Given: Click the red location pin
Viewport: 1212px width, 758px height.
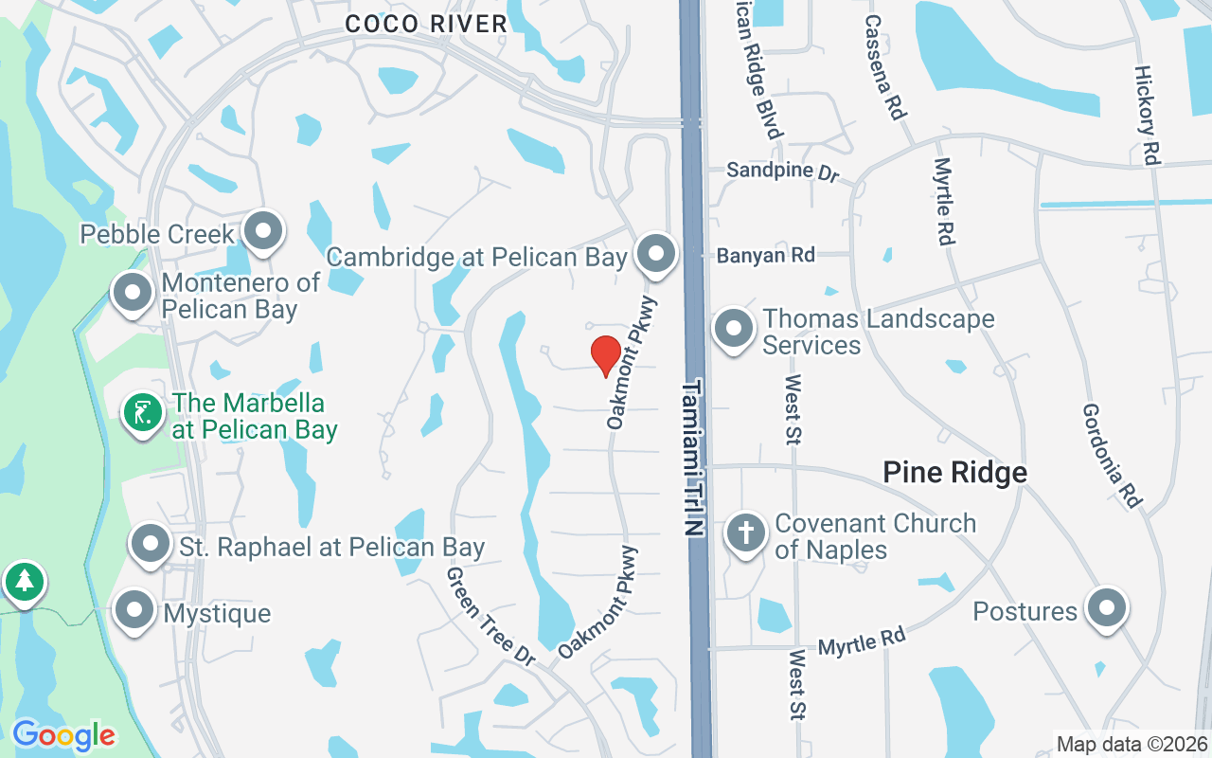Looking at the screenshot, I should [x=605, y=355].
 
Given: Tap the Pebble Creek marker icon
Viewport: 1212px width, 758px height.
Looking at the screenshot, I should [x=262, y=231].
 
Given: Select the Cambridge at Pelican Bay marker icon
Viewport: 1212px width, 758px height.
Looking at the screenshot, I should [x=654, y=254].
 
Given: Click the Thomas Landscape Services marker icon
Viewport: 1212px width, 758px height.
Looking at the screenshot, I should [x=732, y=329].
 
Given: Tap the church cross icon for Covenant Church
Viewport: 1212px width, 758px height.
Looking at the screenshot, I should [x=745, y=532].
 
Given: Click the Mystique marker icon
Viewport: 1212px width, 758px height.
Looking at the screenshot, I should [x=134, y=610].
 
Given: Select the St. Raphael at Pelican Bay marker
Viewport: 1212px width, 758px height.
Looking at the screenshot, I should [x=150, y=544].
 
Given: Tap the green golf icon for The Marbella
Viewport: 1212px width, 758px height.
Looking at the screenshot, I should [x=143, y=413].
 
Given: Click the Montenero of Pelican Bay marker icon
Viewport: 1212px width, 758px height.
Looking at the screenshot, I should [x=133, y=293].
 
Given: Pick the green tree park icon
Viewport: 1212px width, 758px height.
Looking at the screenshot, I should [x=24, y=581].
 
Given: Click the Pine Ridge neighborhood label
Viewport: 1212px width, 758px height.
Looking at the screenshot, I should [x=954, y=472].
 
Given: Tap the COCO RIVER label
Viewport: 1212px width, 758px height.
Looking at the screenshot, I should [x=426, y=25].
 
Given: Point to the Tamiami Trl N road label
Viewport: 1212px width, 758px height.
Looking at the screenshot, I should [x=695, y=459].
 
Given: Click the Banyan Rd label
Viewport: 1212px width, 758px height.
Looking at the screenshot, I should [x=765, y=255].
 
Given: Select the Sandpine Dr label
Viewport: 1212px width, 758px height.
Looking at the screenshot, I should [x=783, y=172].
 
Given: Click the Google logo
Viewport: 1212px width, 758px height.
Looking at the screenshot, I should [x=63, y=734].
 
